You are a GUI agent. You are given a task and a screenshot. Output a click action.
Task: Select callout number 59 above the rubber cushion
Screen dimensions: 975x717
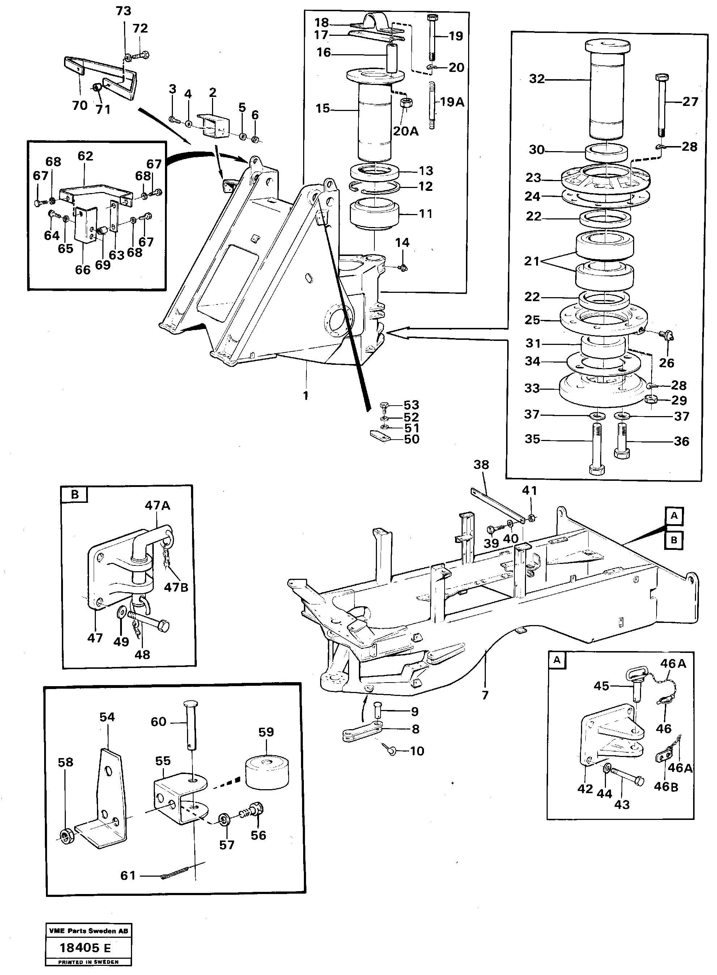(x=266, y=732)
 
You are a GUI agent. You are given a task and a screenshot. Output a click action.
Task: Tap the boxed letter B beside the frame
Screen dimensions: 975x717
(x=674, y=540)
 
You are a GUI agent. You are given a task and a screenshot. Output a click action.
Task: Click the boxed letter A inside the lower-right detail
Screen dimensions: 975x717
(x=557, y=660)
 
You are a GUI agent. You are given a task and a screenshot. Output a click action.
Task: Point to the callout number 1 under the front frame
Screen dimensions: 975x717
(x=306, y=395)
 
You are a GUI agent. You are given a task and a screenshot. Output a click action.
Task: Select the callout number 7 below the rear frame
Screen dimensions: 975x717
(x=485, y=695)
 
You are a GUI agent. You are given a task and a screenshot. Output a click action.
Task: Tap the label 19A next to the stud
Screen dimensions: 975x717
(x=452, y=102)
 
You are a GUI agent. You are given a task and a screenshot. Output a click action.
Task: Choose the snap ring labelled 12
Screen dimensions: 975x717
(x=374, y=187)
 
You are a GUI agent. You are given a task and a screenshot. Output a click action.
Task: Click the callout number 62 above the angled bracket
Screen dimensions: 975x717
(x=85, y=156)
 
